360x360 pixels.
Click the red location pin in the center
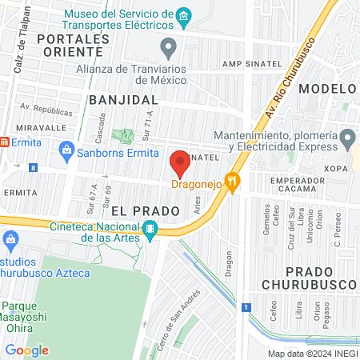(179, 163)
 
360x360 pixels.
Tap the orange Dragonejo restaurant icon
(233, 183)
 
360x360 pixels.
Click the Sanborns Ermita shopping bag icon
(67, 149)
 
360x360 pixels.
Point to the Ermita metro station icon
(4, 142)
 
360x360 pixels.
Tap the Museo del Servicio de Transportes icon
(185, 15)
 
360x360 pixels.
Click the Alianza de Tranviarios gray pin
(168, 48)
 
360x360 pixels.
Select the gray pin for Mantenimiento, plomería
(346, 141)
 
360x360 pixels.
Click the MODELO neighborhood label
(327, 89)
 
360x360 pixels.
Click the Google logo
(27, 350)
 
